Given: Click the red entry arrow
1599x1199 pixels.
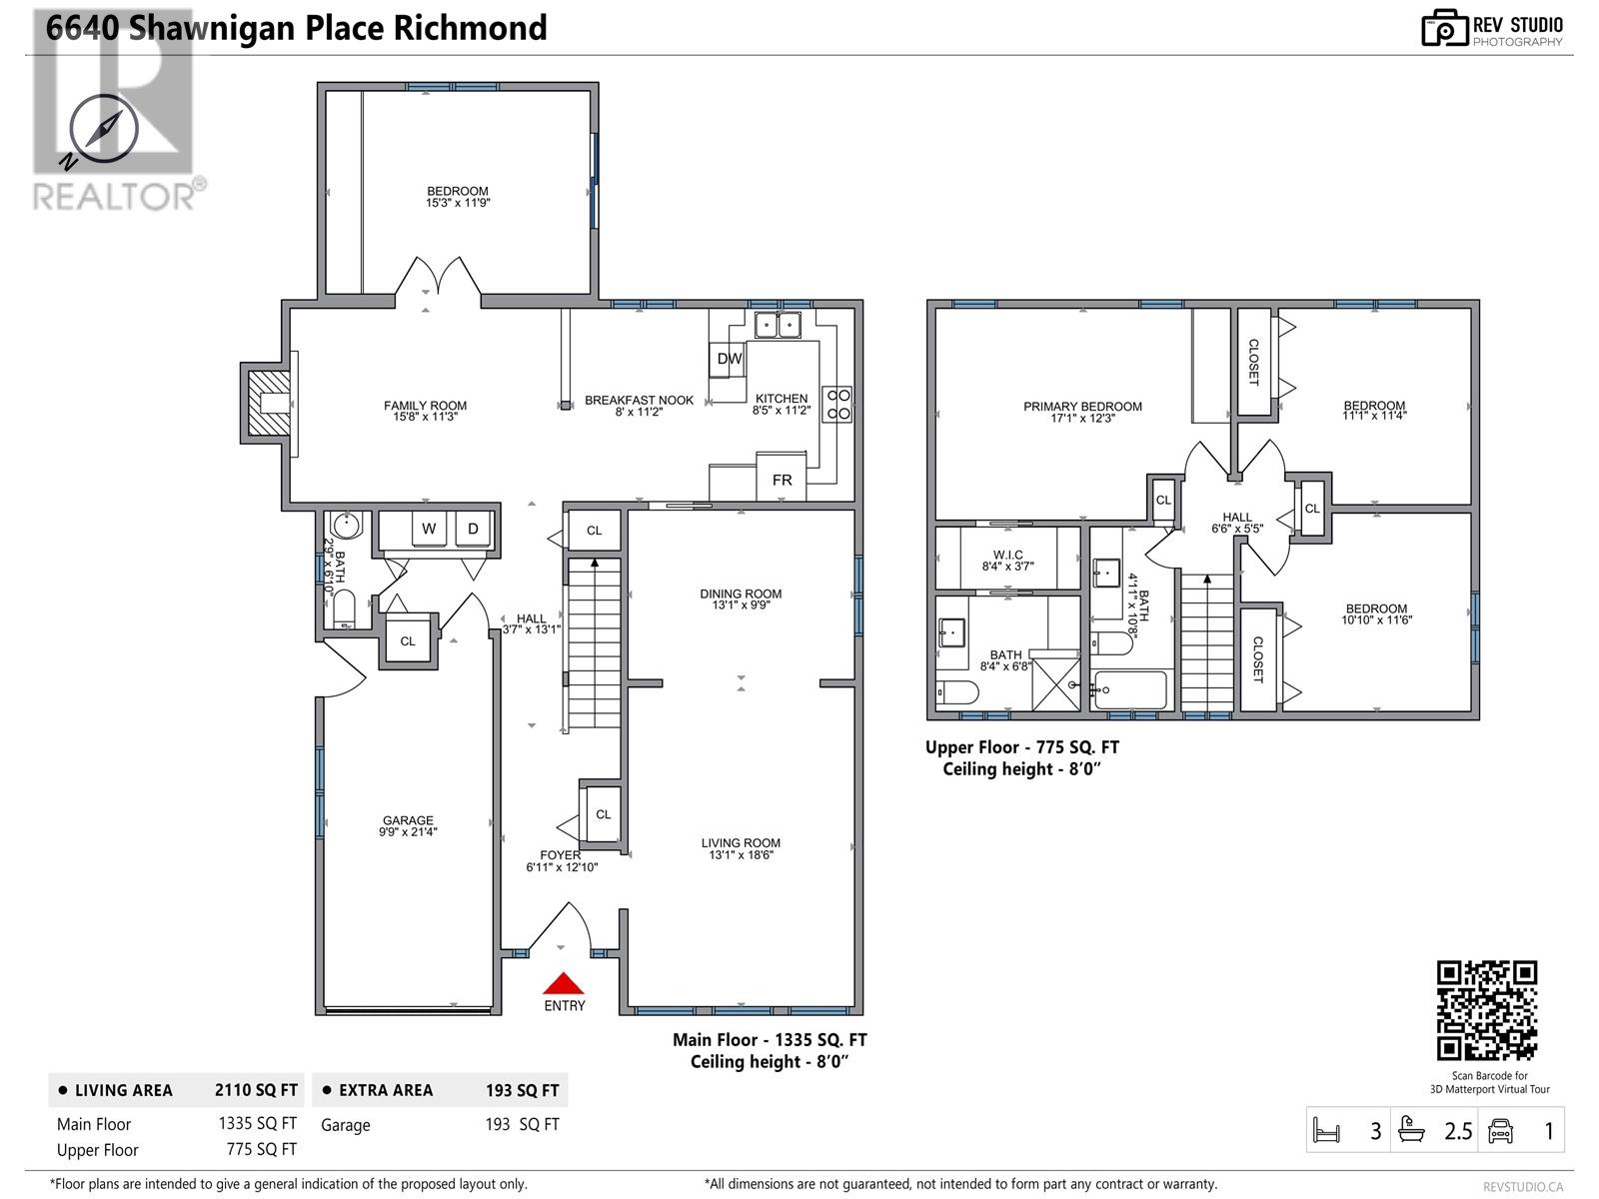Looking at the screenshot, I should [563, 983].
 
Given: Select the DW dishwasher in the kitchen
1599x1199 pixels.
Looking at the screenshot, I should [729, 360].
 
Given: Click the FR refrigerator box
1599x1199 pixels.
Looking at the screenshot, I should [782, 480].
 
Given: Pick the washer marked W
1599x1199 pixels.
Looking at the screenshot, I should [429, 529].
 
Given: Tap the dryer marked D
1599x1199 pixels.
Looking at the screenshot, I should [473, 529].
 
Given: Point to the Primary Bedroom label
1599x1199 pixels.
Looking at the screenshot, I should [1082, 407].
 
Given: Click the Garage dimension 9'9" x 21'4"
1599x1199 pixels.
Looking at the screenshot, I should [408, 831].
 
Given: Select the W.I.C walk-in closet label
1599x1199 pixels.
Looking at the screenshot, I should [1007, 556].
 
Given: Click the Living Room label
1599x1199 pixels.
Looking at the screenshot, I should [741, 843].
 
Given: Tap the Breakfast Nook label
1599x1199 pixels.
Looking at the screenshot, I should [639, 400].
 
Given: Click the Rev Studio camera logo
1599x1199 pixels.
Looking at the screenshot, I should [1444, 29].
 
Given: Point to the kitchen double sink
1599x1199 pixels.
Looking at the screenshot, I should [778, 325].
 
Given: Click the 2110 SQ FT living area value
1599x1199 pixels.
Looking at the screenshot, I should [256, 1090].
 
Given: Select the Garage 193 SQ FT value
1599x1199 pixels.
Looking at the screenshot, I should [522, 1125].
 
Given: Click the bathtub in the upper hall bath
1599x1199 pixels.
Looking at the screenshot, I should [1130, 689].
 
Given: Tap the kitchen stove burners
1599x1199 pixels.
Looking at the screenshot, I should [836, 403].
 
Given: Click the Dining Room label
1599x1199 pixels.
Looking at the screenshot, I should [741, 594].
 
